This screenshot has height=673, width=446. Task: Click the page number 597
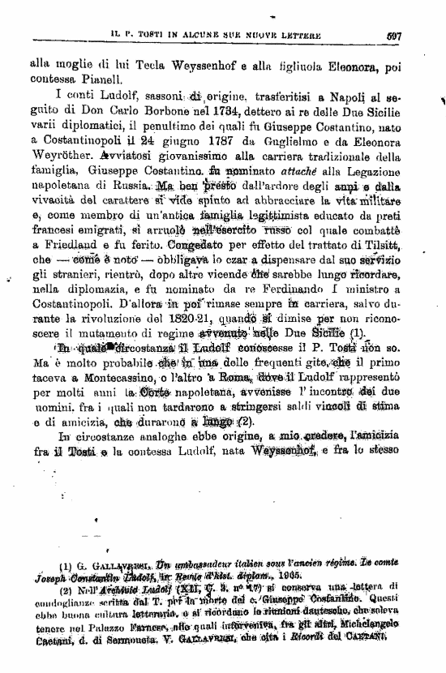coord(396,35)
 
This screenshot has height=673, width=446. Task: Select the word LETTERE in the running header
coord(297,36)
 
